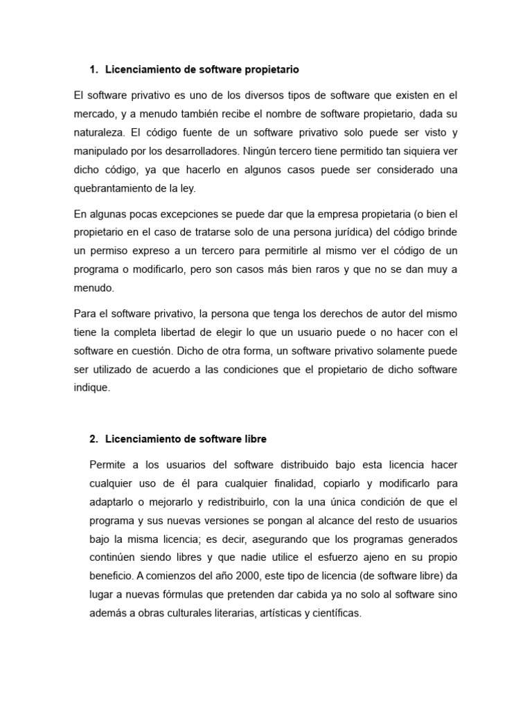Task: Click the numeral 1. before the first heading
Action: [94, 70]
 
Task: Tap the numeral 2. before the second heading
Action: [94, 440]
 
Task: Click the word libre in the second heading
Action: [252, 440]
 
